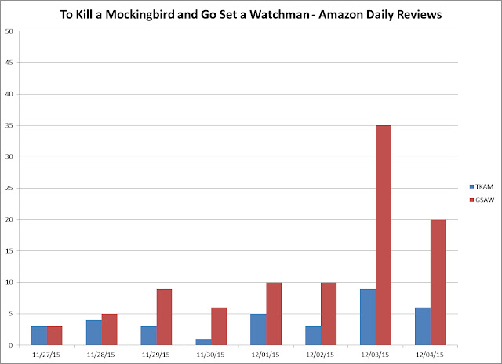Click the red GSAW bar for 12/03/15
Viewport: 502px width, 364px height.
384,235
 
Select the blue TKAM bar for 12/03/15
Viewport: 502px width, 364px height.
368,317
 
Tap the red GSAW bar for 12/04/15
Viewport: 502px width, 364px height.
438,283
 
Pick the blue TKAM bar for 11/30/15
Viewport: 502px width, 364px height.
204,342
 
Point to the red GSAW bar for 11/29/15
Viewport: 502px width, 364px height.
164,317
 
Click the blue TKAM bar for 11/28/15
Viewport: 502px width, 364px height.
94,333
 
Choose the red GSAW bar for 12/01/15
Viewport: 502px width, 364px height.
274,314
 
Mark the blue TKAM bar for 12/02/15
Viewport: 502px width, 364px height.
313,336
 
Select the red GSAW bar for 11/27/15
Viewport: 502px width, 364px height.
54,336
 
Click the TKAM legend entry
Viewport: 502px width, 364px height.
482,186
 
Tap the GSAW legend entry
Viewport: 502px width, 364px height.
482,200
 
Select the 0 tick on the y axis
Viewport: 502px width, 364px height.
11,345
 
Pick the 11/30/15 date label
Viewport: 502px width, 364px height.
210,355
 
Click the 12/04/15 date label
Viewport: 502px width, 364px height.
430,355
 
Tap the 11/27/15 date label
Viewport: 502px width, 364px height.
46,355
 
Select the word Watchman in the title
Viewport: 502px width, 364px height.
279,14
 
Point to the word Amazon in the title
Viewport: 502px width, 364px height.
340,14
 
